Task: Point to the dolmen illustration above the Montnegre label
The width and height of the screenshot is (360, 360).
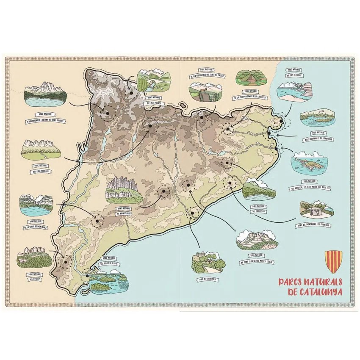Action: pyautogui.click(x=316, y=208)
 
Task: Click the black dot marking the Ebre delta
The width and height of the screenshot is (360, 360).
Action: pyautogui.click(x=87, y=276)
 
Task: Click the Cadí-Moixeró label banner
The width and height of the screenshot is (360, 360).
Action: pyautogui.click(x=41, y=171)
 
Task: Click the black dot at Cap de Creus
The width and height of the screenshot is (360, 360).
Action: pyautogui.click(x=280, y=121)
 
